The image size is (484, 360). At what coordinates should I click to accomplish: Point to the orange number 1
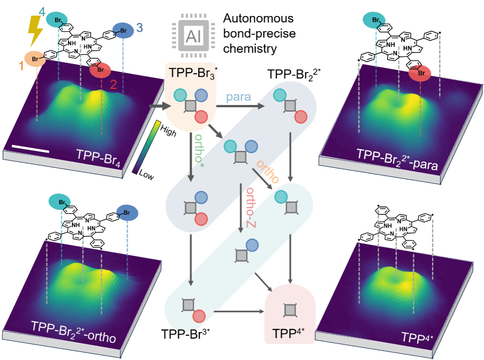click(x=20, y=66)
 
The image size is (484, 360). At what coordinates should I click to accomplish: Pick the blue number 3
click(x=139, y=28)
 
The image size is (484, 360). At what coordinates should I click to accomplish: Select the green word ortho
click(x=198, y=149)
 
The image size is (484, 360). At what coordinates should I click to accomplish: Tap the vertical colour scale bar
click(x=146, y=146)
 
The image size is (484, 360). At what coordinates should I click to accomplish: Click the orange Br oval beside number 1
click(x=35, y=59)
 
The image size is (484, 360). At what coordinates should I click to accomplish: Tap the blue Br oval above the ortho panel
click(x=127, y=211)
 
